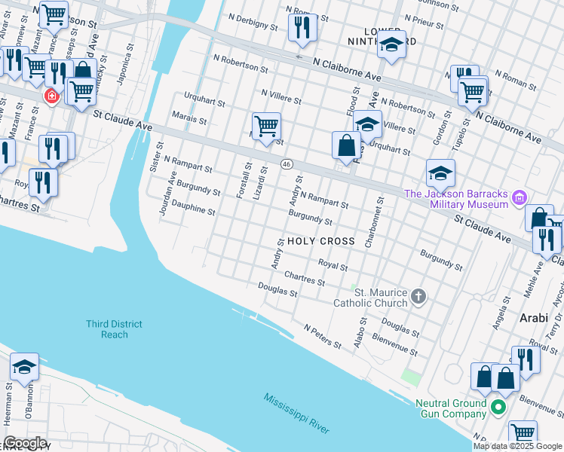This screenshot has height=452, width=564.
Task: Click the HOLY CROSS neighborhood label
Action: [320, 241]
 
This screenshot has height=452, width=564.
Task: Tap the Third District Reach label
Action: [114, 329]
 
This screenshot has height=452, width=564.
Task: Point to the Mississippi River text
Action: [296, 414]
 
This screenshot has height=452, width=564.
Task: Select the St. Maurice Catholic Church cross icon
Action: [420, 298]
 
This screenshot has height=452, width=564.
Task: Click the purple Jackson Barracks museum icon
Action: [518, 199]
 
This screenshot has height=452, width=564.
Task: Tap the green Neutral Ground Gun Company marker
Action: [497, 408]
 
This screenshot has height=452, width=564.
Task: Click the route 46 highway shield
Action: [287, 163]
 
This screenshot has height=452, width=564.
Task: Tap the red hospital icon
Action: [51, 96]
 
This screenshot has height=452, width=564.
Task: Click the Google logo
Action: [25, 443]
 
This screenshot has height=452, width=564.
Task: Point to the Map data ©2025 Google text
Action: [516, 446]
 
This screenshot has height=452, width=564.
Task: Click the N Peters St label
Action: [323, 337]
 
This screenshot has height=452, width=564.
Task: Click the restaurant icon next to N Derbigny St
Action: [302, 28]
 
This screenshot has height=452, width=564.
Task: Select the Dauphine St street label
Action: [193, 207]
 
